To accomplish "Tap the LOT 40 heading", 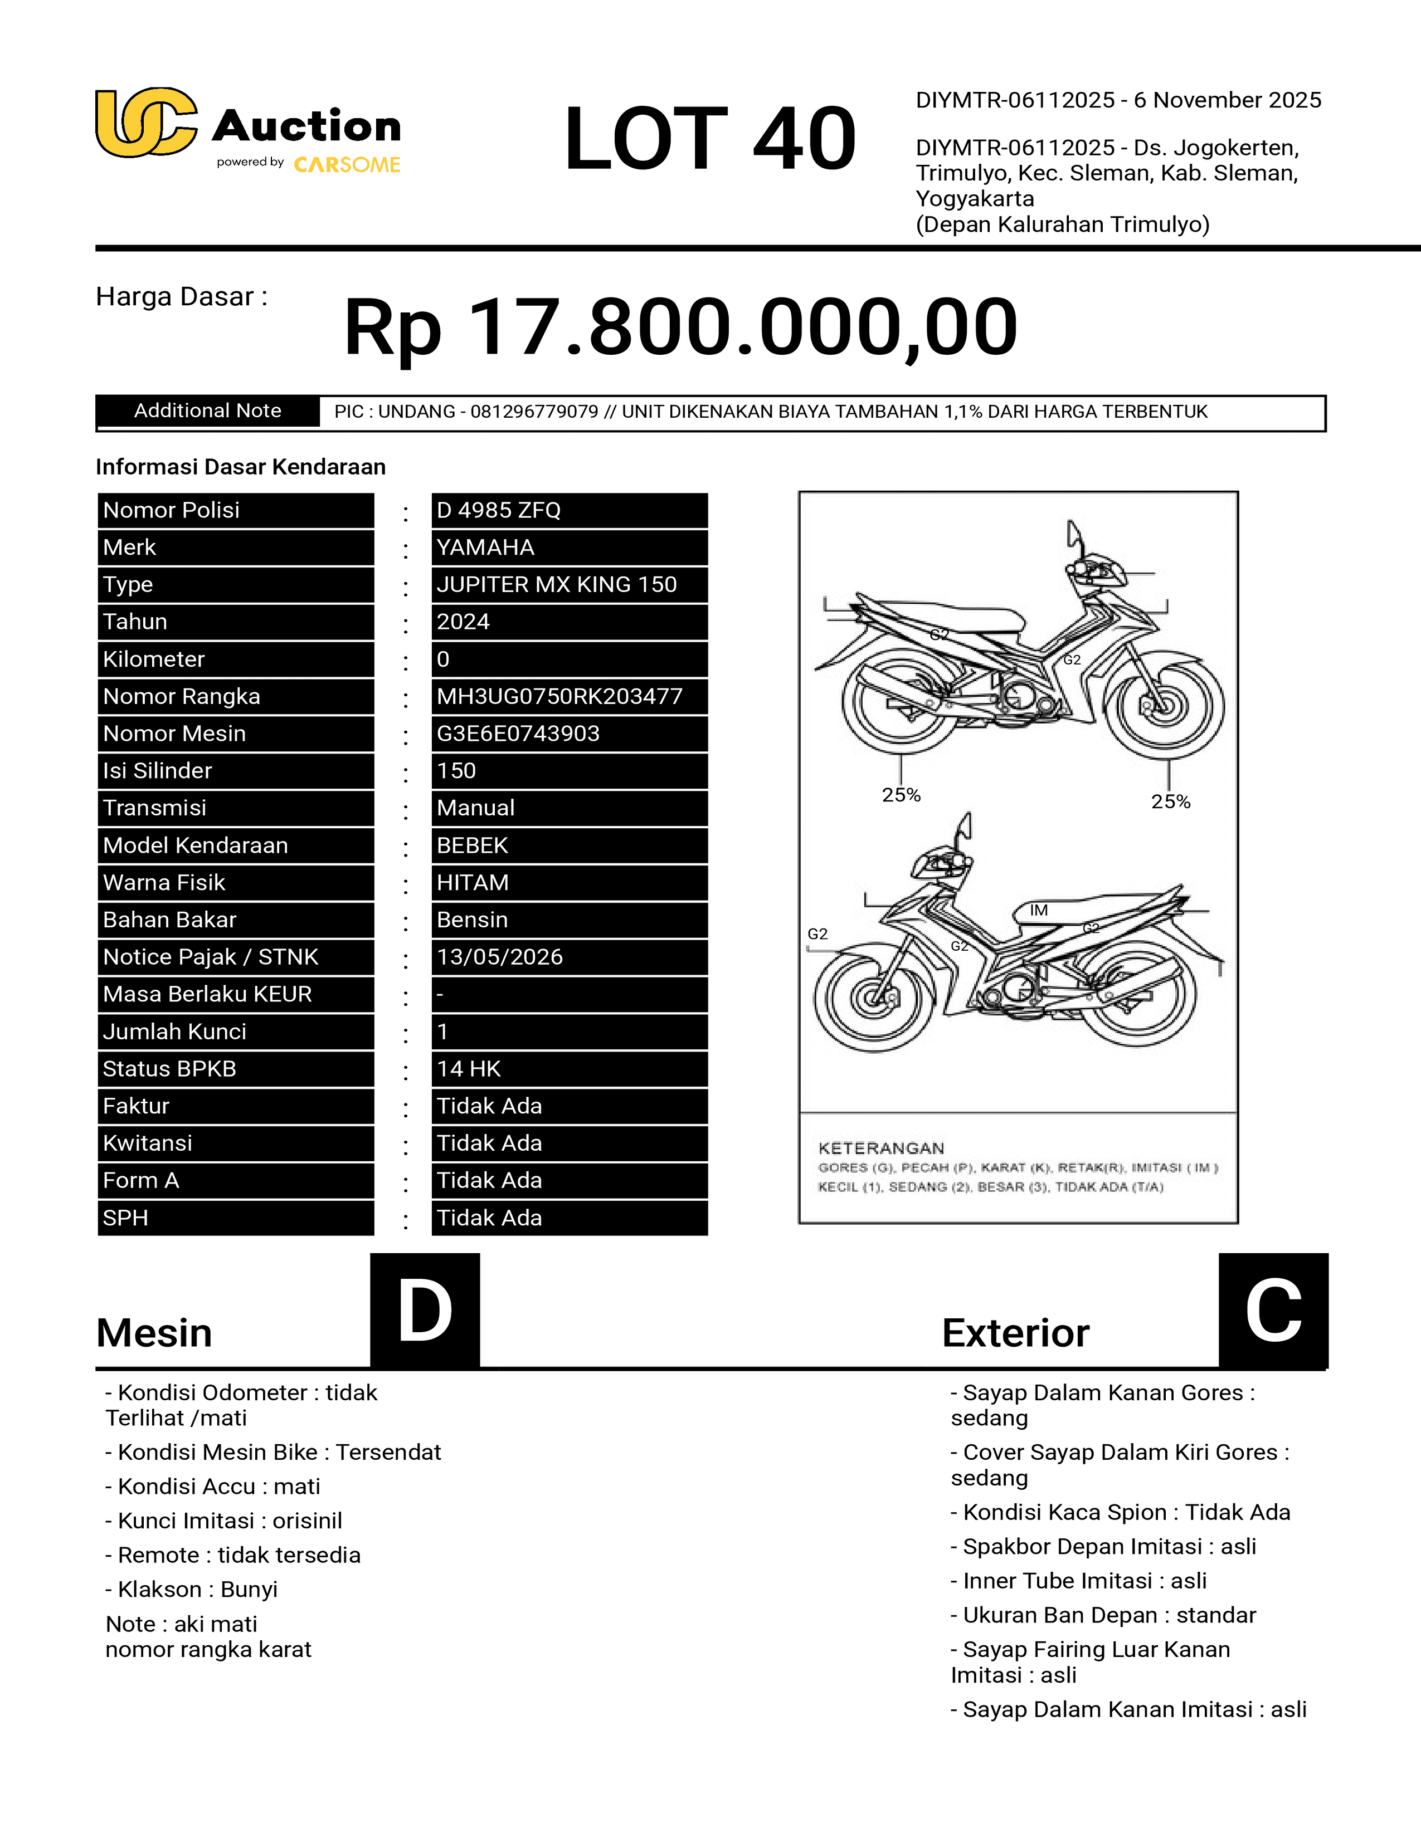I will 709,139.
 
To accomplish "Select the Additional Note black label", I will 207,410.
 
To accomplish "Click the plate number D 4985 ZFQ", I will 498,510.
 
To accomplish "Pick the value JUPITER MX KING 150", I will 557,585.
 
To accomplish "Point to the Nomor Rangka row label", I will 181,697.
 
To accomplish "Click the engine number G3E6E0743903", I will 518,734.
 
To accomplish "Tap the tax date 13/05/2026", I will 499,957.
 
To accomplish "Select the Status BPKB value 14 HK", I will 469,1069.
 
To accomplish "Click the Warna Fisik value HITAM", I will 472,883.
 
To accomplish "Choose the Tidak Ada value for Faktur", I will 489,1106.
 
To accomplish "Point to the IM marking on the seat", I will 1039,910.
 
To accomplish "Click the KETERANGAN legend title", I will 880,1148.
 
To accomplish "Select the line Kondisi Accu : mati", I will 212,1486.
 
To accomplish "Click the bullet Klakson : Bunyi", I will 191,1589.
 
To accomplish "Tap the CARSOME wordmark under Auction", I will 347,165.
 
